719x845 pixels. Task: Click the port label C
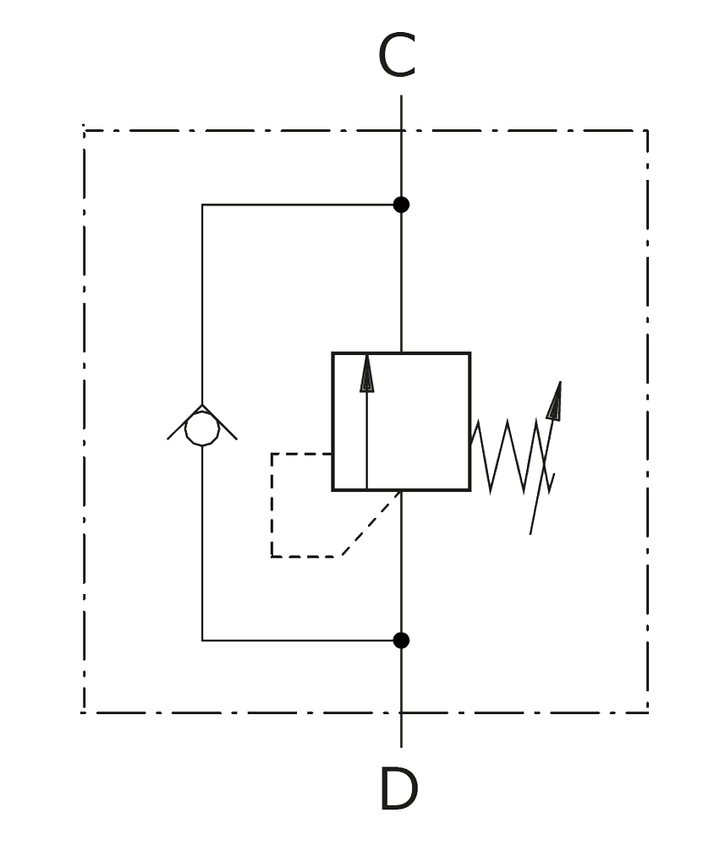[397, 55]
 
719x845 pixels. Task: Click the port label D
[398, 788]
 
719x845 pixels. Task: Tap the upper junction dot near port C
[401, 204]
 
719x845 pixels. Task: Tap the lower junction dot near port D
[401, 641]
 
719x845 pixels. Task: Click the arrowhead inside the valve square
[367, 373]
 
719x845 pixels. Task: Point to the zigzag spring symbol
[513, 456]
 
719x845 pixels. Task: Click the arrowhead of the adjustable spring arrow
[555, 401]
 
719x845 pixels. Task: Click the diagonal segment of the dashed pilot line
[371, 524]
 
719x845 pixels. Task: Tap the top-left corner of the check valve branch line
[202, 204]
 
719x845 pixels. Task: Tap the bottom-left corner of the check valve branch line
[202, 641]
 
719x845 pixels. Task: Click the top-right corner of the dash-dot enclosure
[647, 130]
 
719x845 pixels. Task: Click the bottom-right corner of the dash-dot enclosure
[647, 713]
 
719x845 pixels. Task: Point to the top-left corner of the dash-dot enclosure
[84, 130]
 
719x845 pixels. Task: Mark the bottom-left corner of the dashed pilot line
[272, 556]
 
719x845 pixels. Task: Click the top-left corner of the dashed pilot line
[272, 454]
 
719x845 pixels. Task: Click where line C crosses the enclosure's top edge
[401, 130]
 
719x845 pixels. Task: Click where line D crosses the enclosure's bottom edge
[401, 713]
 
